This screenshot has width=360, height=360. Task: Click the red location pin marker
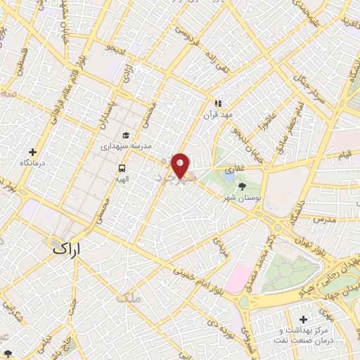click(181, 165)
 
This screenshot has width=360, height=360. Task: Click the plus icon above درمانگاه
click(32, 152)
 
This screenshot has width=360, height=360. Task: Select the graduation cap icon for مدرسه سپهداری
click(126, 136)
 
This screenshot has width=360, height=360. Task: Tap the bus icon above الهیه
click(122, 168)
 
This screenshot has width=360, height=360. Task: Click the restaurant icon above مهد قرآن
click(217, 103)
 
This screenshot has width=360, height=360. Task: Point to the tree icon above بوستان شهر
click(243, 186)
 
